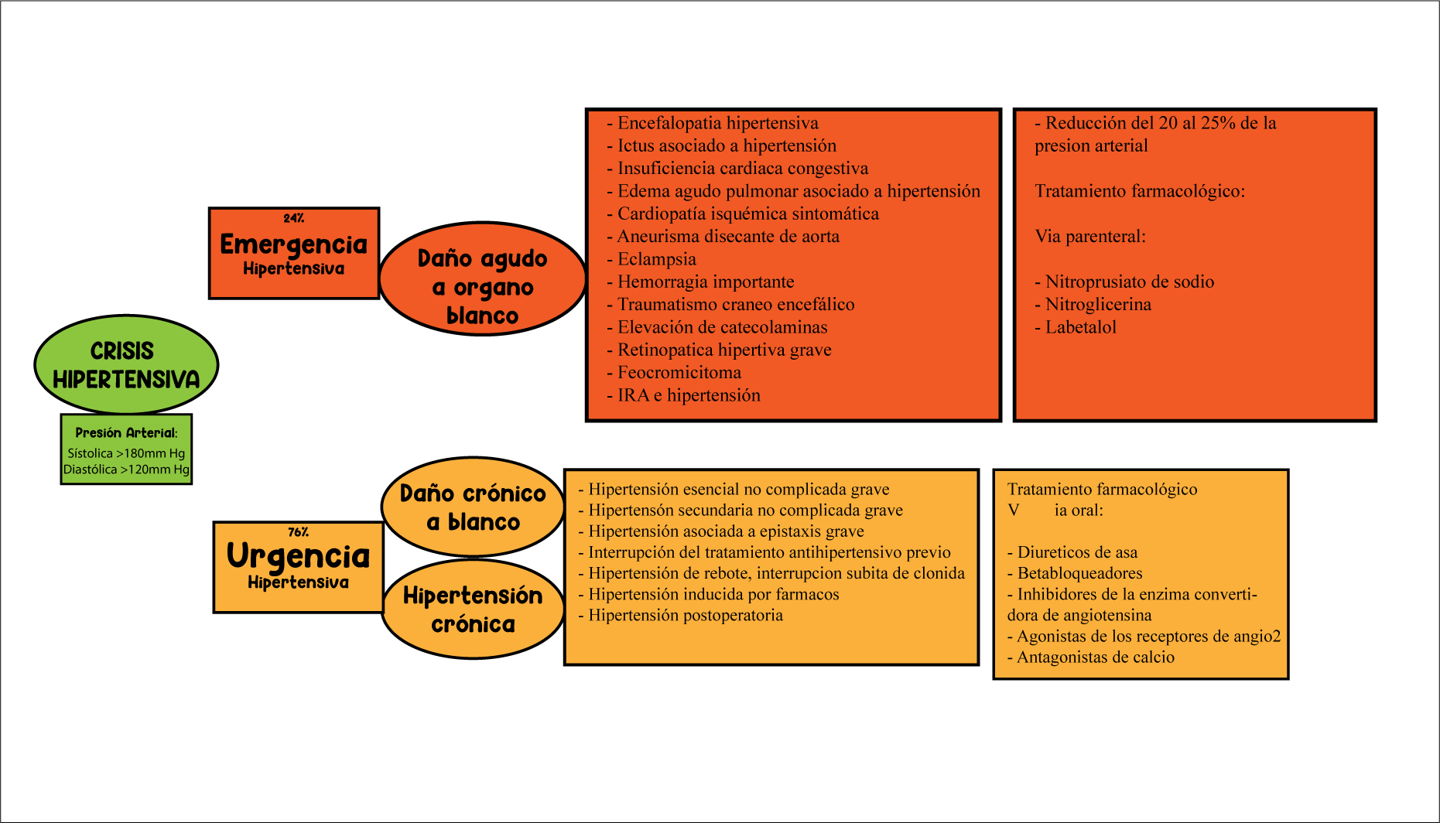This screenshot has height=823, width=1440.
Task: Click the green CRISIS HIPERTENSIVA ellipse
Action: (126, 364)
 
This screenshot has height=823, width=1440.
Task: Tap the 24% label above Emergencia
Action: (293, 218)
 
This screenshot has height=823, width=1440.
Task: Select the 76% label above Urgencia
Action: (298, 532)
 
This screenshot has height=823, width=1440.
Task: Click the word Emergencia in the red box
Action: (293, 244)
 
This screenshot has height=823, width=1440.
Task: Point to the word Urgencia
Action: (298, 556)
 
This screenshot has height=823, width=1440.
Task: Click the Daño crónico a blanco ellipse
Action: (473, 507)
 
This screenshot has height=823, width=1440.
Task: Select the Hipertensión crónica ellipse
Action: (473, 610)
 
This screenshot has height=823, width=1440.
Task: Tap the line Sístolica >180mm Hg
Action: (126, 453)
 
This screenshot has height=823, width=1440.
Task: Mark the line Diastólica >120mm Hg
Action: (126, 470)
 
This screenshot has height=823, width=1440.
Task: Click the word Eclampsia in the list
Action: (656, 259)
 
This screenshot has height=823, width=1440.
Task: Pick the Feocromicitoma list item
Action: (679, 373)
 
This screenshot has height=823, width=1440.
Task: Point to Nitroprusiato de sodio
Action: (1129, 282)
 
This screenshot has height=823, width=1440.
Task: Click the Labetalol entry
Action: (1080, 327)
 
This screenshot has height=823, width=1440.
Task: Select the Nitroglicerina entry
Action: (1098, 305)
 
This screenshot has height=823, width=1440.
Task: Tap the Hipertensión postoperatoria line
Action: (685, 616)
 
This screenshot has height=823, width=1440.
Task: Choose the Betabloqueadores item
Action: (1079, 573)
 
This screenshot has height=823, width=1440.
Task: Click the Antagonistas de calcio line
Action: (1095, 657)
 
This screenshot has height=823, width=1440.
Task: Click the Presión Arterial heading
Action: (126, 433)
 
